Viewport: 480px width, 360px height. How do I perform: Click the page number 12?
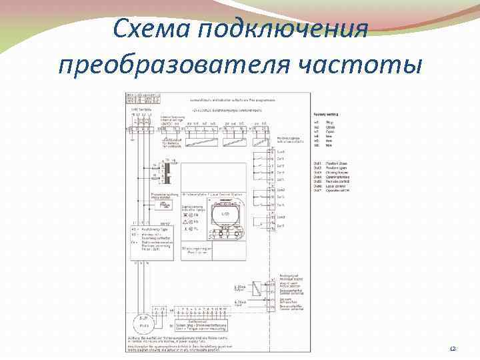tap(453, 348)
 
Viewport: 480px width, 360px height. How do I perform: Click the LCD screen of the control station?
tap(225, 215)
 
